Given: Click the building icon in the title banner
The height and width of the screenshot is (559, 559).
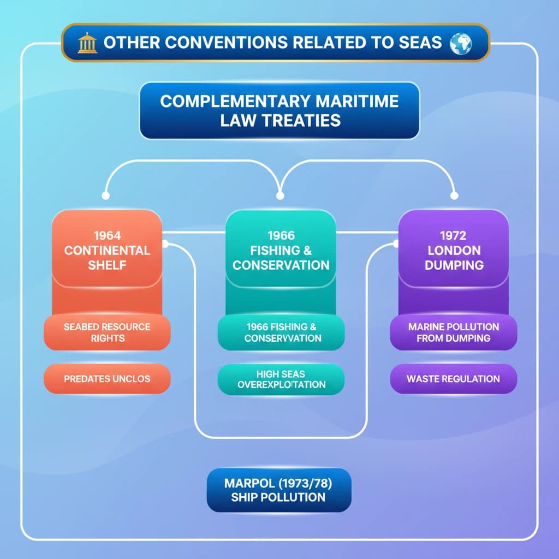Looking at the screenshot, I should [x=87, y=43].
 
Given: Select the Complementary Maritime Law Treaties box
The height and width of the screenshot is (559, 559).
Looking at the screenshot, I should [x=279, y=110].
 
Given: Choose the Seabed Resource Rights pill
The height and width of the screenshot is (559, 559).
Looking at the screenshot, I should [x=107, y=332].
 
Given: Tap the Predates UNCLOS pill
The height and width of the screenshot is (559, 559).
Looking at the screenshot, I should [x=107, y=378].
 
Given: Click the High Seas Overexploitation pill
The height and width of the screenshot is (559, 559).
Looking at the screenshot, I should [x=281, y=379].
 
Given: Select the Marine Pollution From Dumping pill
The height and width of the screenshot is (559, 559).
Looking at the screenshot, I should [x=453, y=332].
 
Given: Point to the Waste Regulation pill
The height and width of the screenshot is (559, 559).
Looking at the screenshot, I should [x=453, y=378].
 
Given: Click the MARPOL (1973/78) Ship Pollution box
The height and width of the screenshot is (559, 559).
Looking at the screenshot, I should [x=279, y=490].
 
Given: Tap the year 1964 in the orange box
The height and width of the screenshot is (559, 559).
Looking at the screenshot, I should [x=107, y=236].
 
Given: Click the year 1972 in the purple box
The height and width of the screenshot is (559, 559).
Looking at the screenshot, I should [x=453, y=236].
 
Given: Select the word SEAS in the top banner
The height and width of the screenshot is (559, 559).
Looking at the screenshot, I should [x=420, y=43].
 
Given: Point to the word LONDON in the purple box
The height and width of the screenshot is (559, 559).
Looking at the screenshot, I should [x=453, y=251].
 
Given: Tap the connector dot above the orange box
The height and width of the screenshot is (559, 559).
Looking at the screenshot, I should [x=106, y=195].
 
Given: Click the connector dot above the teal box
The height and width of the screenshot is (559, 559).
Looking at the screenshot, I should [x=280, y=195].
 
